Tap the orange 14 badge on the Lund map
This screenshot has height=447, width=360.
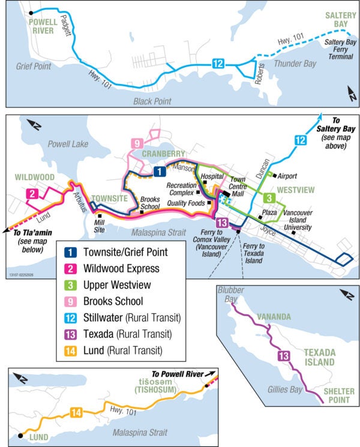pyautogui.click(x=76, y=412)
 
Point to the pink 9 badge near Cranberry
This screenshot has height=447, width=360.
pyautogui.click(x=137, y=143)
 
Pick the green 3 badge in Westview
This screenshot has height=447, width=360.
pyautogui.click(x=269, y=198)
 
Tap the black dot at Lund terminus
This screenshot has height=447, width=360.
pyautogui.click(x=22, y=436)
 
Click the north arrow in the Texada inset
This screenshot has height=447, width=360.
pyautogui.click(x=346, y=294)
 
